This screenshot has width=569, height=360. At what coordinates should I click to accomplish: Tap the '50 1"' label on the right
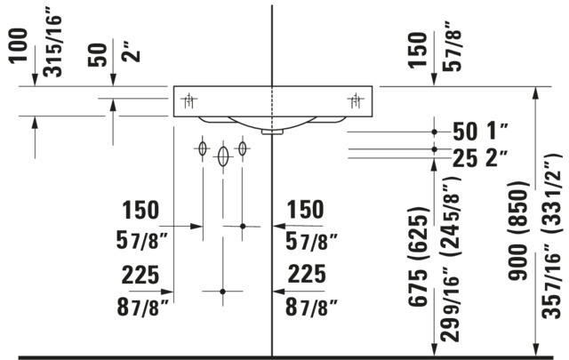[479, 131]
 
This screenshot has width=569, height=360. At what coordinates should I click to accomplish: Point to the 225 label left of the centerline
[140, 276]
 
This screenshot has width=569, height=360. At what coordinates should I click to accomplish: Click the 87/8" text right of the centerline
[310, 307]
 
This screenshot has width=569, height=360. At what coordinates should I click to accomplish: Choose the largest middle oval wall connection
[223, 156]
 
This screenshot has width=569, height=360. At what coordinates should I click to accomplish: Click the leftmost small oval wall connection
[204, 148]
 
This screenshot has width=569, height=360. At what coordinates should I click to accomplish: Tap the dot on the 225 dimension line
[223, 291]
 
